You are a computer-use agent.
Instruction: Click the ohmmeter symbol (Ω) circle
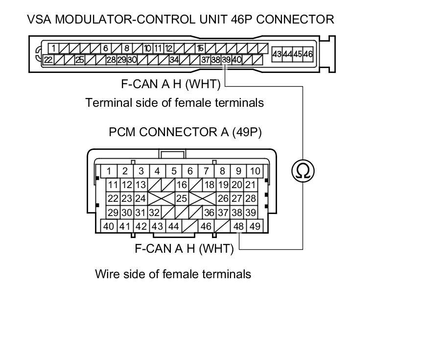[303, 170]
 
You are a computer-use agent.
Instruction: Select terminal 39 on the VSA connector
[226, 60]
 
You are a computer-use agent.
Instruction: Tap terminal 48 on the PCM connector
[239, 226]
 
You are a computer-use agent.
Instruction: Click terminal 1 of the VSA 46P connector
[53, 48]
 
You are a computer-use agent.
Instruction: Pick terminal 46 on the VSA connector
[307, 54]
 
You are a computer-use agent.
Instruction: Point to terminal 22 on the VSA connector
[48, 60]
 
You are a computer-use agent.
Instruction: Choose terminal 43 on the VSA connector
[277, 54]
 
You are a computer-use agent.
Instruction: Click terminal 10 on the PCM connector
[255, 171]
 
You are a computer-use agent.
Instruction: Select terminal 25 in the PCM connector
[182, 198]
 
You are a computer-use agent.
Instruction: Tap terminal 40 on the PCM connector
[109, 226]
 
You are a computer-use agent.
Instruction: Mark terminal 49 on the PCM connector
[255, 226]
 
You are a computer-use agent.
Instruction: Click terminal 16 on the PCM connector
[182, 185]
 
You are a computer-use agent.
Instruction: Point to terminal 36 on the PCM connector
[209, 213]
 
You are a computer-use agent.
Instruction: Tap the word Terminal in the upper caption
[108, 103]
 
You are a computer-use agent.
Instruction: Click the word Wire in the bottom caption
[106, 274]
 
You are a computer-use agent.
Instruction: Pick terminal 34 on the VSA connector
[174, 60]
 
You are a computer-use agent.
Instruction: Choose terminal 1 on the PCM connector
[109, 171]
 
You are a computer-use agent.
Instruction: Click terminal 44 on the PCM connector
[173, 226]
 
